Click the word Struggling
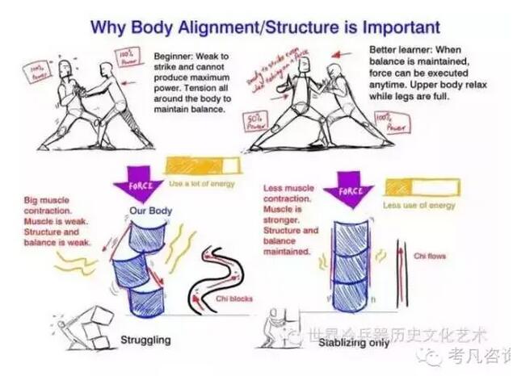tap(145, 340)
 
